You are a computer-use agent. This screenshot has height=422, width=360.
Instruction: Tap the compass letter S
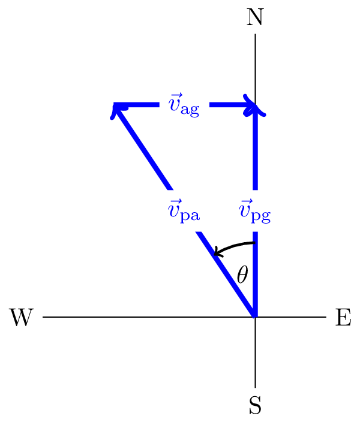point(255,406)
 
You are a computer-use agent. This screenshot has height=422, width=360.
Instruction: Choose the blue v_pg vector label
point(254,212)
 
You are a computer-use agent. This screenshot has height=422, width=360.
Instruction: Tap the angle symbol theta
point(242,275)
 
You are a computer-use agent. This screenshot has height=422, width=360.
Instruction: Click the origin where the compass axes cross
point(256,317)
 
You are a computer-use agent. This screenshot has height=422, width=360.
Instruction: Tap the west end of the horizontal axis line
point(44,317)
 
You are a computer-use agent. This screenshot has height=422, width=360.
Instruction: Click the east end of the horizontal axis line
point(326,317)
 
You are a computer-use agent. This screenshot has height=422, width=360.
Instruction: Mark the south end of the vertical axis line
point(256,387)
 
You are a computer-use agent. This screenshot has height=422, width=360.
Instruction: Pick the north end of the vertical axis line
point(256,35)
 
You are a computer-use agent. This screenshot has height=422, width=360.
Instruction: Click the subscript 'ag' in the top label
point(190,111)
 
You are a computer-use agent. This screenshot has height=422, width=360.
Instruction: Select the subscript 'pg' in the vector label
point(261,216)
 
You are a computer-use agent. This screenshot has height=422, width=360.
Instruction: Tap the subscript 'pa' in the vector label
point(191,216)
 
